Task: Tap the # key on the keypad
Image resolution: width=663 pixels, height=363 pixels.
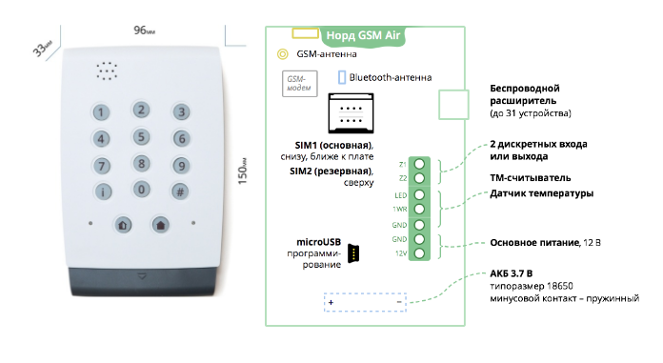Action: tap(180, 192)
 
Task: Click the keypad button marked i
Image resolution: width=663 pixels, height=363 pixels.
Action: tap(102, 192)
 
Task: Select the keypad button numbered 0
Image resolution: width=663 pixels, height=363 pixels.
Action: tap(141, 190)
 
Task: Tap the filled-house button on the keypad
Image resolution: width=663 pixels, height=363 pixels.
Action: tap(161, 225)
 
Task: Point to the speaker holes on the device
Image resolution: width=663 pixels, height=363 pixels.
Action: tap(107, 71)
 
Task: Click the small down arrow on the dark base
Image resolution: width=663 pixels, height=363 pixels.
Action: tap(142, 276)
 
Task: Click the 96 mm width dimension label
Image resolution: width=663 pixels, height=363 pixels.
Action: tap(144, 30)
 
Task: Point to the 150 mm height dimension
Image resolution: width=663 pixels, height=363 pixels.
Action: tap(242, 171)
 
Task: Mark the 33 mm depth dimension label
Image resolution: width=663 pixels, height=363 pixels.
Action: tap(42, 49)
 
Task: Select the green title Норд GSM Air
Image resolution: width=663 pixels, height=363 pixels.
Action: tap(363, 35)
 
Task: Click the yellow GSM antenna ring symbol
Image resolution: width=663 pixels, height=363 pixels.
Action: tap(283, 54)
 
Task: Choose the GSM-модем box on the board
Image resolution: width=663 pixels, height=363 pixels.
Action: tap(299, 83)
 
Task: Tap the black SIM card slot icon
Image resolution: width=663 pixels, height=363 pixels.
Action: tap(351, 113)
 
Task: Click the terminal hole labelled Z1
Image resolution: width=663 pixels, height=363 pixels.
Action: tap(419, 164)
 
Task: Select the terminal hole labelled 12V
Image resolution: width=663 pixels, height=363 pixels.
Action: tap(419, 253)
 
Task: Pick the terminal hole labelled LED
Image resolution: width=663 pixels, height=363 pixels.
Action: tap(419, 195)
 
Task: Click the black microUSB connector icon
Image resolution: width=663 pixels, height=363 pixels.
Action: tap(353, 253)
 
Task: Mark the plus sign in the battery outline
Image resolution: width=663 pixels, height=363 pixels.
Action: tap(331, 303)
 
